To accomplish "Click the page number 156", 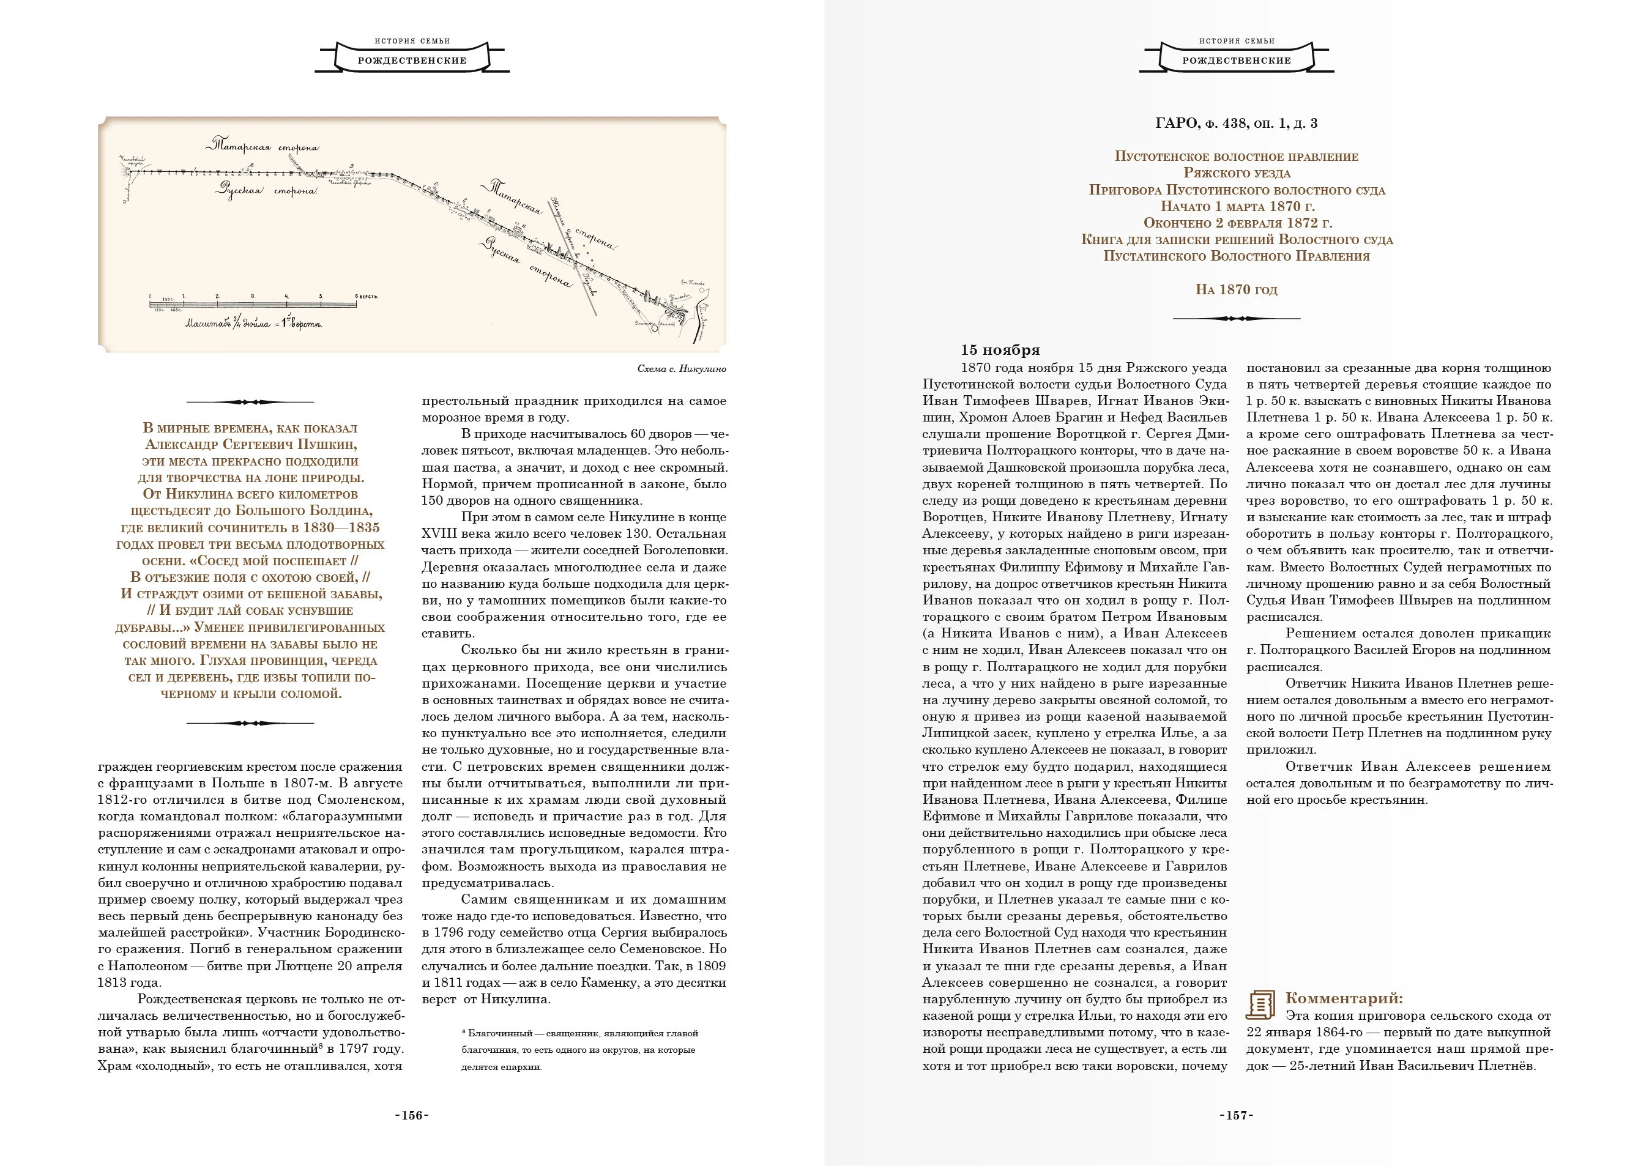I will [412, 1115].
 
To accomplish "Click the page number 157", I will [1236, 1115].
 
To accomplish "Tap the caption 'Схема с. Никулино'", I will [682, 369].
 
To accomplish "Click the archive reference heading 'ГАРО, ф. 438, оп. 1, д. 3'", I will [1236, 124].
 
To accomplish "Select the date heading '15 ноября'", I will [1000, 351].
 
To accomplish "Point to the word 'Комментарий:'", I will [1344, 998].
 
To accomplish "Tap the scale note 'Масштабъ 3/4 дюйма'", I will [253, 324].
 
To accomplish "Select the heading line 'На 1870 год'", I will [1236, 290].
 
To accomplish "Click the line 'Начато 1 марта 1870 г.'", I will [1236, 207].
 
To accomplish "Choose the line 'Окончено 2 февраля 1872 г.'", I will [1236, 223].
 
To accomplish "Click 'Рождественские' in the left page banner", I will [412, 61].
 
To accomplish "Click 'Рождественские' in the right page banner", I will [1236, 61].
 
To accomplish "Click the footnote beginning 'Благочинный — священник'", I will [580, 1034].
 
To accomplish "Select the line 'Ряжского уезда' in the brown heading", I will [1236, 173].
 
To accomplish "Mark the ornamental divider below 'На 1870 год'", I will [1236, 318].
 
